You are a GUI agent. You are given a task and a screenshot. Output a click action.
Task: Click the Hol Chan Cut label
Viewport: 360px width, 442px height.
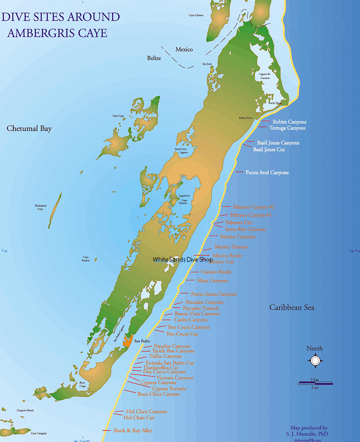pyautogui.click(x=139, y=418)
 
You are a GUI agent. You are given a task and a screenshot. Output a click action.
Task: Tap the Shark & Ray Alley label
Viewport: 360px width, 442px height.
pyautogui.click(x=133, y=431)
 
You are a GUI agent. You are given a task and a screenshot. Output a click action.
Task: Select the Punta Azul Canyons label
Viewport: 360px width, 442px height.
pyautogui.click(x=267, y=173)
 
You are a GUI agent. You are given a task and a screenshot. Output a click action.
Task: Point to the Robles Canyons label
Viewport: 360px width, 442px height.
pyautogui.click(x=289, y=122)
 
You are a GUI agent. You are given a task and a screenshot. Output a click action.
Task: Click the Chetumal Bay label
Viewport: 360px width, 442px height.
pyautogui.click(x=29, y=129)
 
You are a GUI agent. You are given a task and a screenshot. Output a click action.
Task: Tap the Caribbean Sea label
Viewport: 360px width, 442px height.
pyautogui.click(x=292, y=308)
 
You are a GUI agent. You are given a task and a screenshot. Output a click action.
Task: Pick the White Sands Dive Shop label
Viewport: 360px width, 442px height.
pyautogui.click(x=183, y=259)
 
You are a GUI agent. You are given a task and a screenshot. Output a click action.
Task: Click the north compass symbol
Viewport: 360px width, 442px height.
pyautogui.click(x=315, y=361)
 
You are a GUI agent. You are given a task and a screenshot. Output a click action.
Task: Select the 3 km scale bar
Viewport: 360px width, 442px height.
pyautogui.click(x=315, y=383)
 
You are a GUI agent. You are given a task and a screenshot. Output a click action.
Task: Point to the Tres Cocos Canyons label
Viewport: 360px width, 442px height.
pyautogui.click(x=188, y=327)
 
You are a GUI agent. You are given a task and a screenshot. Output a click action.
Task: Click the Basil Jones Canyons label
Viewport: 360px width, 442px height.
pyautogui.click(x=278, y=143)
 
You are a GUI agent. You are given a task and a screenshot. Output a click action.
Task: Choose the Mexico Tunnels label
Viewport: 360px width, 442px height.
pyautogui.click(x=231, y=247)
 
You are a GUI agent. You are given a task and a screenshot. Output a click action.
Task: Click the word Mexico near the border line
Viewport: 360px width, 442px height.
pyautogui.click(x=184, y=50)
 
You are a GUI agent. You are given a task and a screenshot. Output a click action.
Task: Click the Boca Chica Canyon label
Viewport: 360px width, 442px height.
pyautogui.click(x=158, y=394)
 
